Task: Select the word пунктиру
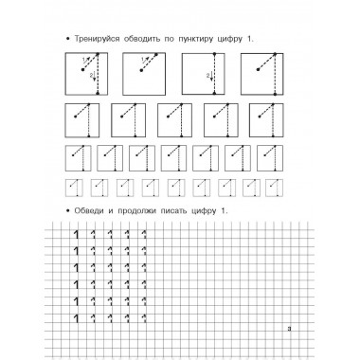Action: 204,37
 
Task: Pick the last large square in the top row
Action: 262,73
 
